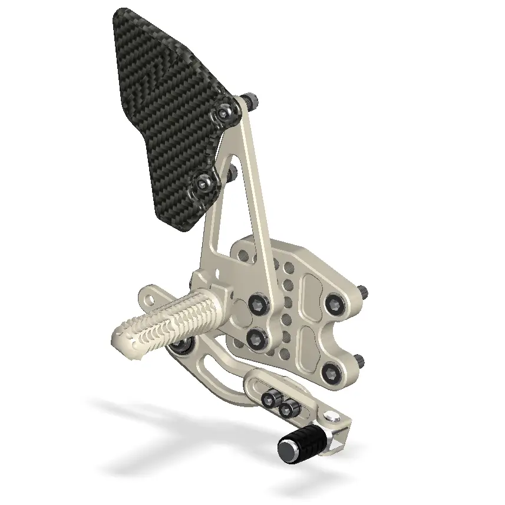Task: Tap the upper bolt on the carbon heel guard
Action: pos(226,110)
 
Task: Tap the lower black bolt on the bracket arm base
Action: pos(256,338)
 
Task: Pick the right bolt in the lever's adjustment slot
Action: pos(289,408)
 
